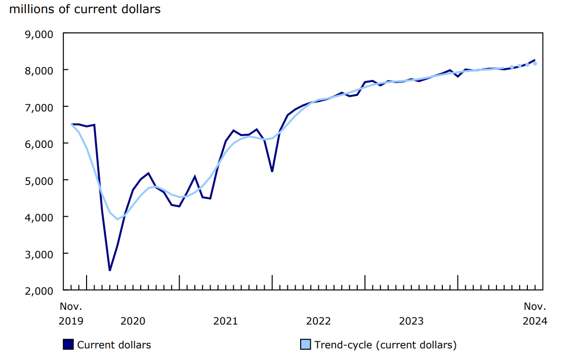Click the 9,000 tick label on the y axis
coord(39,34)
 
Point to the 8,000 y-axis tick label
coord(39,70)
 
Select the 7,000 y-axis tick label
coord(39,107)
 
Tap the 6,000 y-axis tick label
coord(39,144)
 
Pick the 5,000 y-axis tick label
coord(39,180)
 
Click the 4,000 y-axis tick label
coord(39,217)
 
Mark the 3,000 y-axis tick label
coord(39,254)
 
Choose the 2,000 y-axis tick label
coord(39,291)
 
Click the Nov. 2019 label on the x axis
coord(71,313)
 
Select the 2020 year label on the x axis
coord(133,321)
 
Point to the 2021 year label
coord(226,321)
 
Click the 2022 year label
coord(318,321)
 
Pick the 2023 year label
coord(411,321)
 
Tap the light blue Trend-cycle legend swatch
coord(306,345)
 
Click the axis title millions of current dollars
coord(85,9)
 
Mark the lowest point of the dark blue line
coord(110,270)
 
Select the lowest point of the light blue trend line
coord(117,219)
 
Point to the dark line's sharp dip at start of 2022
coord(272,171)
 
